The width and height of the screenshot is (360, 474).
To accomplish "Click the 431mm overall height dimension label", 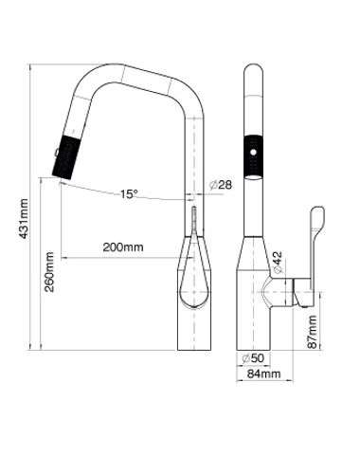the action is (24, 219).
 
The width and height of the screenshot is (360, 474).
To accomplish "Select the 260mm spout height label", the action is (49, 272).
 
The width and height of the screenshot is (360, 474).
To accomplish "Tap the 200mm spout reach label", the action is (123, 246).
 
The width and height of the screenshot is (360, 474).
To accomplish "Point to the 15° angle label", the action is (129, 193).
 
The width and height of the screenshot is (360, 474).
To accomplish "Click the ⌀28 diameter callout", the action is (221, 185).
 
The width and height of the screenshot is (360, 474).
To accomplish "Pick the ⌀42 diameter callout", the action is (277, 262).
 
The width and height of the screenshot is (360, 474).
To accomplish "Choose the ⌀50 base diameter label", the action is (253, 358).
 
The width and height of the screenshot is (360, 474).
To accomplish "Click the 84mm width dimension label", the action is (263, 374).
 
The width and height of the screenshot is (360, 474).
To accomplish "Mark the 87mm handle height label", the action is (313, 332).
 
